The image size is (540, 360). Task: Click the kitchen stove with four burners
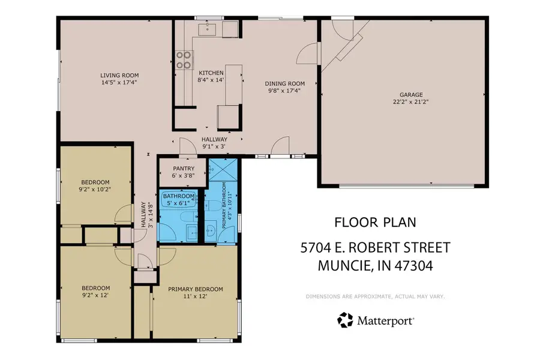pyautogui.click(x=184, y=61)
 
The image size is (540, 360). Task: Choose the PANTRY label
pyautogui.click(x=182, y=169)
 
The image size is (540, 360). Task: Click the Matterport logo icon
pyautogui.click(x=346, y=320)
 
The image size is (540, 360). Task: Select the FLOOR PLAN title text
pyautogui.click(x=374, y=223)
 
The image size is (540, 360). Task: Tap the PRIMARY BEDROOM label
pyautogui.click(x=195, y=289)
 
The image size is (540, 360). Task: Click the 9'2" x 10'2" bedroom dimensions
pyautogui.click(x=95, y=189)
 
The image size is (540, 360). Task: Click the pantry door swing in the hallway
pyautogui.click(x=187, y=144)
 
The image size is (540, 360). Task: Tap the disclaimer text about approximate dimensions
pyautogui.click(x=374, y=296)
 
